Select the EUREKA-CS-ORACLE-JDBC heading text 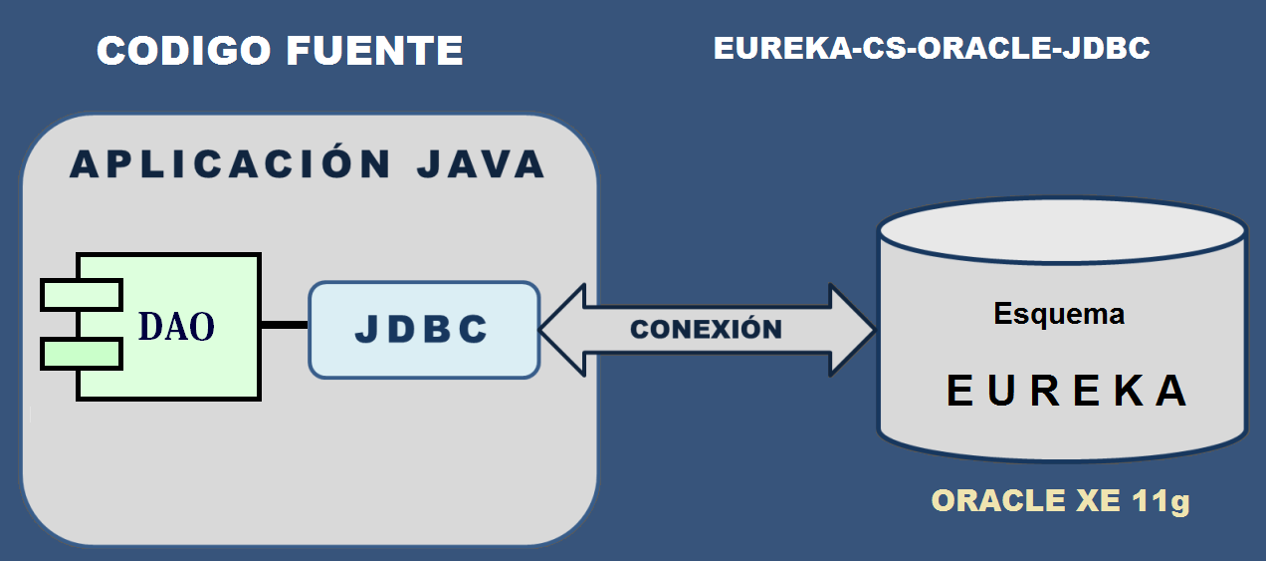[x=932, y=49]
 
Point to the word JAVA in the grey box [x=481, y=164]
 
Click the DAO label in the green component [x=176, y=327]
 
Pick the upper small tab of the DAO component [x=81, y=295]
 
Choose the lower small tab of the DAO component [x=81, y=353]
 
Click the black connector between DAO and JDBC [x=285, y=325]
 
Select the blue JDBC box [x=424, y=330]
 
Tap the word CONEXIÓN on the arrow [x=707, y=330]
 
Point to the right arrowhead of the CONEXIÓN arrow [x=851, y=330]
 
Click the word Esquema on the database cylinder [x=1059, y=314]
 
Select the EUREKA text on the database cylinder [x=1066, y=391]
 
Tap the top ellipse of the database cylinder [x=1062, y=231]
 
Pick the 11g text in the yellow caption [x=1160, y=500]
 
